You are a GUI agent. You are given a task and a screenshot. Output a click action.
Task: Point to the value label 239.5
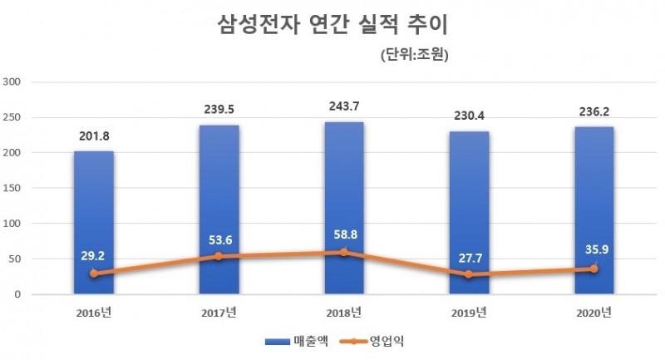(219, 109)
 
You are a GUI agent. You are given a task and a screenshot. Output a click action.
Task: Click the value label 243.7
(344, 106)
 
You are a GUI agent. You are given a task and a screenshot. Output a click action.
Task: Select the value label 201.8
(94, 136)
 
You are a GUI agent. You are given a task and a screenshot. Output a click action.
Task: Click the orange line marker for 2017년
(219, 256)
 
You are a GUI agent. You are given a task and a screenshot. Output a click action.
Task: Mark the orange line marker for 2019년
(469, 274)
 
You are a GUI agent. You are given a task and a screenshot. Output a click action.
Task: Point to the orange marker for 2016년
(94, 274)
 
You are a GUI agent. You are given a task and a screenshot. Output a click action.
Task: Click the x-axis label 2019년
(469, 313)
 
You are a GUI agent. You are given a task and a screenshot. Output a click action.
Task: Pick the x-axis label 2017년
(219, 313)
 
